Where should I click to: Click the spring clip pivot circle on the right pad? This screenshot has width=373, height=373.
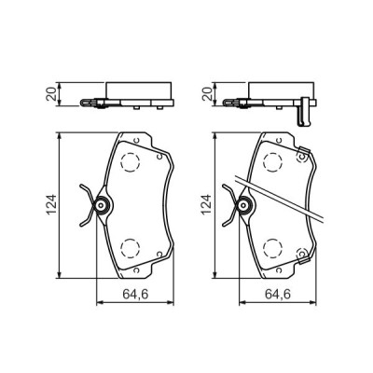[244, 203]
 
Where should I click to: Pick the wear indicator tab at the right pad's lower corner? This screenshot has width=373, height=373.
[303, 258]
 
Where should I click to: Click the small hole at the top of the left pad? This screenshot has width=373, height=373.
[137, 142]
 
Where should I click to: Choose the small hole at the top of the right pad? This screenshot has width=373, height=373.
[278, 142]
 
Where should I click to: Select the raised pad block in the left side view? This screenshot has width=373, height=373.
[137, 90]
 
